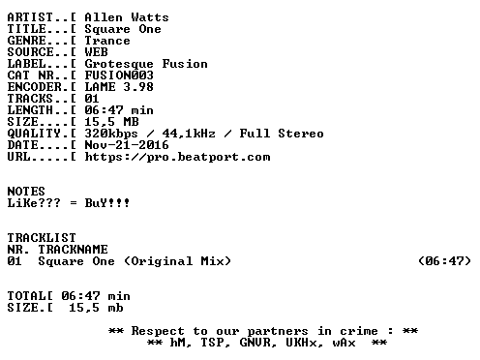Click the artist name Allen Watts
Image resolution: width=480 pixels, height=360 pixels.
click(x=127, y=17)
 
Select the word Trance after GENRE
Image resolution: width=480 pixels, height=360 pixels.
click(x=107, y=41)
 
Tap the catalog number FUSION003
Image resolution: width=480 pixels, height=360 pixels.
click(x=119, y=75)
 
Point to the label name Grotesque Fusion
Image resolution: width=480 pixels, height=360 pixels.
click(x=146, y=64)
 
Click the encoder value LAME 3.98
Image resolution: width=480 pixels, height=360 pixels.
click(x=119, y=87)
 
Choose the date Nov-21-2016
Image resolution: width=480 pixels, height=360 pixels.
click(x=127, y=145)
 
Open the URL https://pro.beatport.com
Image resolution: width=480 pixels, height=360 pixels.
click(x=177, y=157)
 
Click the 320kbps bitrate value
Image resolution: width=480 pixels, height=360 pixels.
click(x=111, y=134)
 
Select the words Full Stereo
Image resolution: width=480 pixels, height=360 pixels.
click(x=282, y=134)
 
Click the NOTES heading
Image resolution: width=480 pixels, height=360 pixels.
click(x=26, y=192)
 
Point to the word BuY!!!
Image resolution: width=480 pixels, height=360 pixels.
click(x=107, y=203)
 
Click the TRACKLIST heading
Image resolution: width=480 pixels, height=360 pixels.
click(x=42, y=238)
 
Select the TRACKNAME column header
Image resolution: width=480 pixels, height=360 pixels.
click(x=73, y=250)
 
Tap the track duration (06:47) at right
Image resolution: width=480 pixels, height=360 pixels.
click(x=444, y=261)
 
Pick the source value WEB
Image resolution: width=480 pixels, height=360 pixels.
click(x=96, y=52)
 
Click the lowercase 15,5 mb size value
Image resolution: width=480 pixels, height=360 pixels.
click(x=96, y=308)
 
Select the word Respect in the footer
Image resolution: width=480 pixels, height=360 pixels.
click(x=158, y=331)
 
